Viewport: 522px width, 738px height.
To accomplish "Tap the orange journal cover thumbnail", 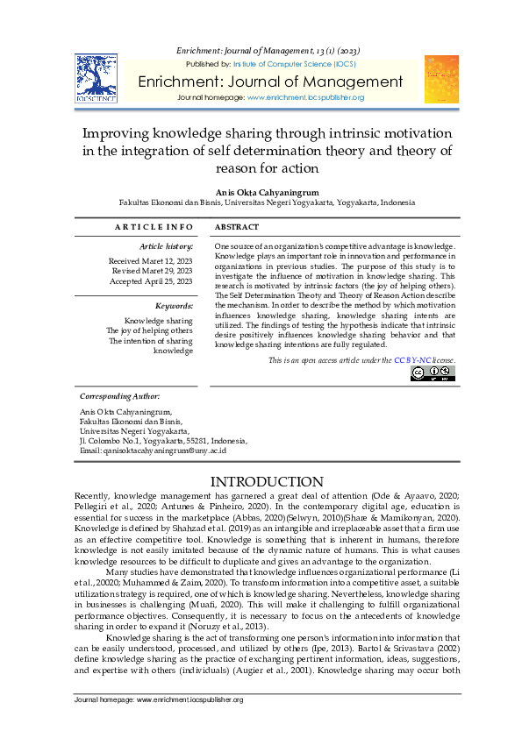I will click(x=441, y=79).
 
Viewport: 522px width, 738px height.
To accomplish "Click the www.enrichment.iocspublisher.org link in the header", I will click(x=306, y=97).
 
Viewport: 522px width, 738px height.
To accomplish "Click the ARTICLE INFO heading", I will click(x=153, y=227).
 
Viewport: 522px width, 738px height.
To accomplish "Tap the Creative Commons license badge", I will click(x=433, y=373).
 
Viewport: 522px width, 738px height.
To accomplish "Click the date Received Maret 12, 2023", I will click(x=150, y=261).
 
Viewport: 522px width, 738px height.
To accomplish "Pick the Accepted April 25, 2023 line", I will click(x=151, y=282).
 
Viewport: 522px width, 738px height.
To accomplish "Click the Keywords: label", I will click(x=174, y=305).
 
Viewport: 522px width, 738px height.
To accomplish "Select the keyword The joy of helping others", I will click(x=149, y=330).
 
